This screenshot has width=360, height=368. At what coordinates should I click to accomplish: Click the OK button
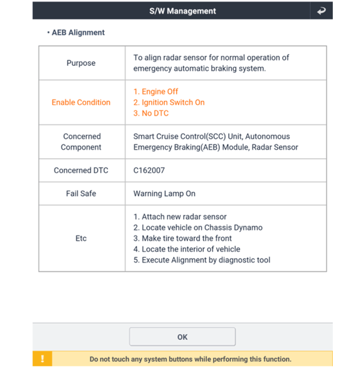click(182, 337)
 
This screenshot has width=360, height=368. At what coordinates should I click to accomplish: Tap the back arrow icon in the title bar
click(321, 11)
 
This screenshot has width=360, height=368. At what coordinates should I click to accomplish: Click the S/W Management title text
click(182, 11)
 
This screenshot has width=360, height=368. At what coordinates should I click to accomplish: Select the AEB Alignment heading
click(78, 32)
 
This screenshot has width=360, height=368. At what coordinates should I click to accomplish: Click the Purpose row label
click(81, 63)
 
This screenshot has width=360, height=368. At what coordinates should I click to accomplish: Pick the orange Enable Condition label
click(81, 102)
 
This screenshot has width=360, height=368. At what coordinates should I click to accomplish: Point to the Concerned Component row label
click(81, 142)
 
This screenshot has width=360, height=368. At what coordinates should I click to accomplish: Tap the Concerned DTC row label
click(81, 170)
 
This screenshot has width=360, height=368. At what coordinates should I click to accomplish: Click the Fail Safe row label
click(81, 194)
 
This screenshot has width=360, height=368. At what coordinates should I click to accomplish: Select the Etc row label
click(81, 238)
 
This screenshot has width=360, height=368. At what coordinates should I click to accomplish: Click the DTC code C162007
click(149, 170)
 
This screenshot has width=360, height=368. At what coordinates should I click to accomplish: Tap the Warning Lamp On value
click(164, 194)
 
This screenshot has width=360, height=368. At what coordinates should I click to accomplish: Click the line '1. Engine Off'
click(156, 91)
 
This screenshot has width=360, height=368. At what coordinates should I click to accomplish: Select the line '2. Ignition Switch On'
click(169, 102)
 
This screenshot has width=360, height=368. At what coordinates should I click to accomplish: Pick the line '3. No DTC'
click(151, 113)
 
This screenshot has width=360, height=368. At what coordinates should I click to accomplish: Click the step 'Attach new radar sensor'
click(180, 217)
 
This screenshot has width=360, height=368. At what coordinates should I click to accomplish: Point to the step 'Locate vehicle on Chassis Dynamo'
click(198, 228)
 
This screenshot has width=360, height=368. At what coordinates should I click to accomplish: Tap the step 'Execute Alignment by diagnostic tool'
click(202, 260)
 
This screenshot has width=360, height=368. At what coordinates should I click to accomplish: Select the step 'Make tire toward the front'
click(183, 238)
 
